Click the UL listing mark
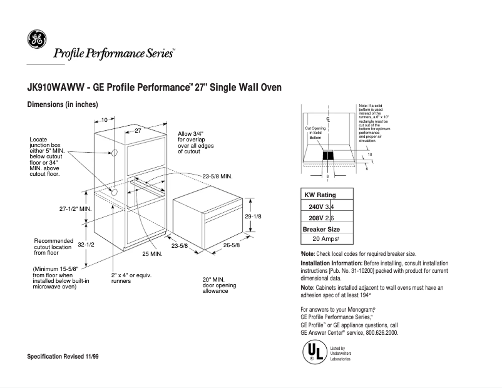313,352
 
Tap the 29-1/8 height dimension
252,216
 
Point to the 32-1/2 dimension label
86,245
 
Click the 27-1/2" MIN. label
76,207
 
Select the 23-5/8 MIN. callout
217,177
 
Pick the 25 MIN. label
152,254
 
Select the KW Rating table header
320,195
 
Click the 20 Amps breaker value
325,239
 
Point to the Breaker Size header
322,228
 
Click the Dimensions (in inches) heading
63,105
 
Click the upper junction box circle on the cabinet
113,153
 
